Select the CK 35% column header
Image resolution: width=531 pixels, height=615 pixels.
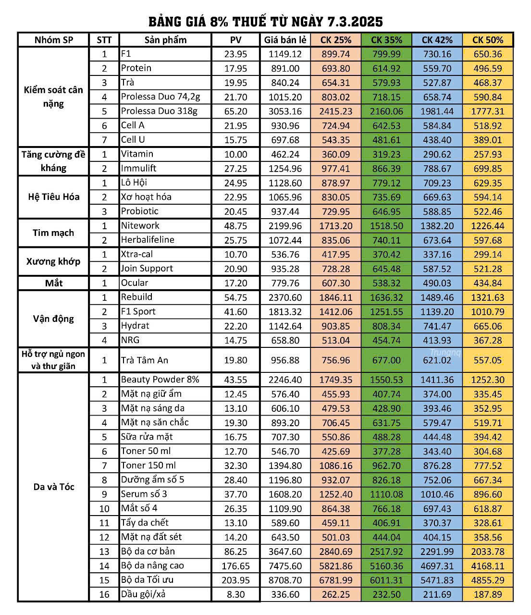pyautogui.click(x=386, y=40)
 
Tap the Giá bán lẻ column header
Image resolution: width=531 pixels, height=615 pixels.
pyautogui.click(x=285, y=40)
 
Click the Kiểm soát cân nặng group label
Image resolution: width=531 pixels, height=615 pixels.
pyautogui.click(x=53, y=97)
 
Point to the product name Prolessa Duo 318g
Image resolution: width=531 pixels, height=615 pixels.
pyautogui.click(x=159, y=111)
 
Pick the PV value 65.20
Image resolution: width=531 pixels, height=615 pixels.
pyautogui.click(x=235, y=111)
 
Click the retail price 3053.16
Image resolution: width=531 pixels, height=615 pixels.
pyautogui.click(x=285, y=111)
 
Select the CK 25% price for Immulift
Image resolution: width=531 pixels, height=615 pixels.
pyautogui.click(x=335, y=169)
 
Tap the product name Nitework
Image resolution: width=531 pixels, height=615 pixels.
pyautogui.click(x=140, y=225)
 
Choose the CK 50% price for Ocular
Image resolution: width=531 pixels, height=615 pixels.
pyautogui.click(x=488, y=283)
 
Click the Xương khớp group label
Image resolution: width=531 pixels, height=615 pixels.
pyautogui.click(x=53, y=261)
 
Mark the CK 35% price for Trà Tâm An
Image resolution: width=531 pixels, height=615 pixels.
pyautogui.click(x=386, y=360)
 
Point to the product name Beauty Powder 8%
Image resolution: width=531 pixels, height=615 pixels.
pyautogui.click(x=160, y=380)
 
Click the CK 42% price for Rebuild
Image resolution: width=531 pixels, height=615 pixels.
pyautogui.click(x=437, y=297)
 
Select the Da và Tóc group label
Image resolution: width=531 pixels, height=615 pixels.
pyautogui.click(x=53, y=487)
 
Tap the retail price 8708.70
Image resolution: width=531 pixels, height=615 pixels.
pyautogui.click(x=285, y=580)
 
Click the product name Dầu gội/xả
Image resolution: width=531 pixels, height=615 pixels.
pyautogui.click(x=143, y=594)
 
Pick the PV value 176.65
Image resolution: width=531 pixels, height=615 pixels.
pyautogui.click(x=235, y=566)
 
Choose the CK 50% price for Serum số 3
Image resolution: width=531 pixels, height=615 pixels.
pyautogui.click(x=488, y=494)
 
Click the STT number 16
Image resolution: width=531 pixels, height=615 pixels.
pyautogui.click(x=104, y=595)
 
